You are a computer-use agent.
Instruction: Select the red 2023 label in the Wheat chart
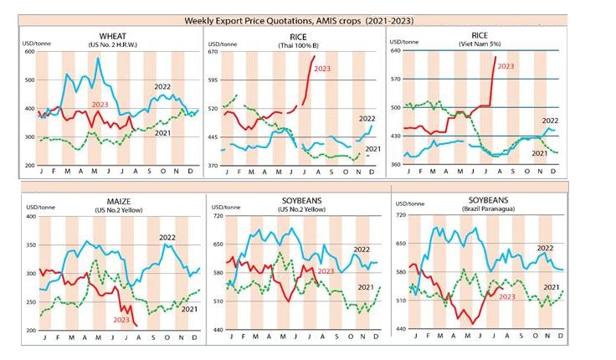tap(100, 105)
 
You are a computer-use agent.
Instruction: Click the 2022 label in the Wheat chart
tap(162, 87)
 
